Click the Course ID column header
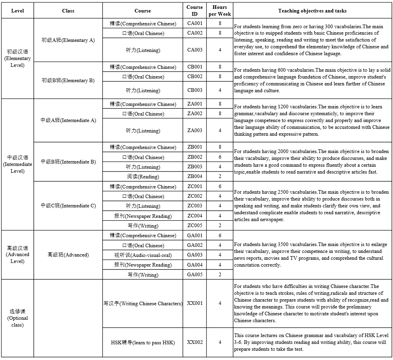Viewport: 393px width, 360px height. pos(195,10)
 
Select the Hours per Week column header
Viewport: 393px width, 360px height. pos(220,10)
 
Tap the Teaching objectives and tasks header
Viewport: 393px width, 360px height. pos(312,11)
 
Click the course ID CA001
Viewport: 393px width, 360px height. pos(195,23)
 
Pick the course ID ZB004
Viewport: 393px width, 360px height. pos(195,176)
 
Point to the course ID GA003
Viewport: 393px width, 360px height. pos(195,255)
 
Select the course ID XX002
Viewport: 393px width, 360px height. pos(195,342)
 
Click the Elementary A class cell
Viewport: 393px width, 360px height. pos(68,40)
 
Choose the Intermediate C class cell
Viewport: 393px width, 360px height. pos(68,206)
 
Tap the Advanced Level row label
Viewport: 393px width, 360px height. pos(18,254)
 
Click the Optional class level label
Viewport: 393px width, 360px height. pos(18,318)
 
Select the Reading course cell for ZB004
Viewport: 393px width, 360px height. pos(143,177)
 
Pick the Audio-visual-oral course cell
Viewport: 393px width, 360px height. pos(143,255)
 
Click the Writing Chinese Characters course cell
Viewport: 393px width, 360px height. pos(143,303)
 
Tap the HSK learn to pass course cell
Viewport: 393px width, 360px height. pos(143,343)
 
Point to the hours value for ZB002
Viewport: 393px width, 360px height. pos(220,157)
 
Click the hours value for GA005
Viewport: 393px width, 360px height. pos(220,275)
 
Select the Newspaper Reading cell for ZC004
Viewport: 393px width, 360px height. pos(143,216)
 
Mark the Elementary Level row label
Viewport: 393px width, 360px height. pos(18,58)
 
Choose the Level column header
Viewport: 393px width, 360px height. pos(18,11)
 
